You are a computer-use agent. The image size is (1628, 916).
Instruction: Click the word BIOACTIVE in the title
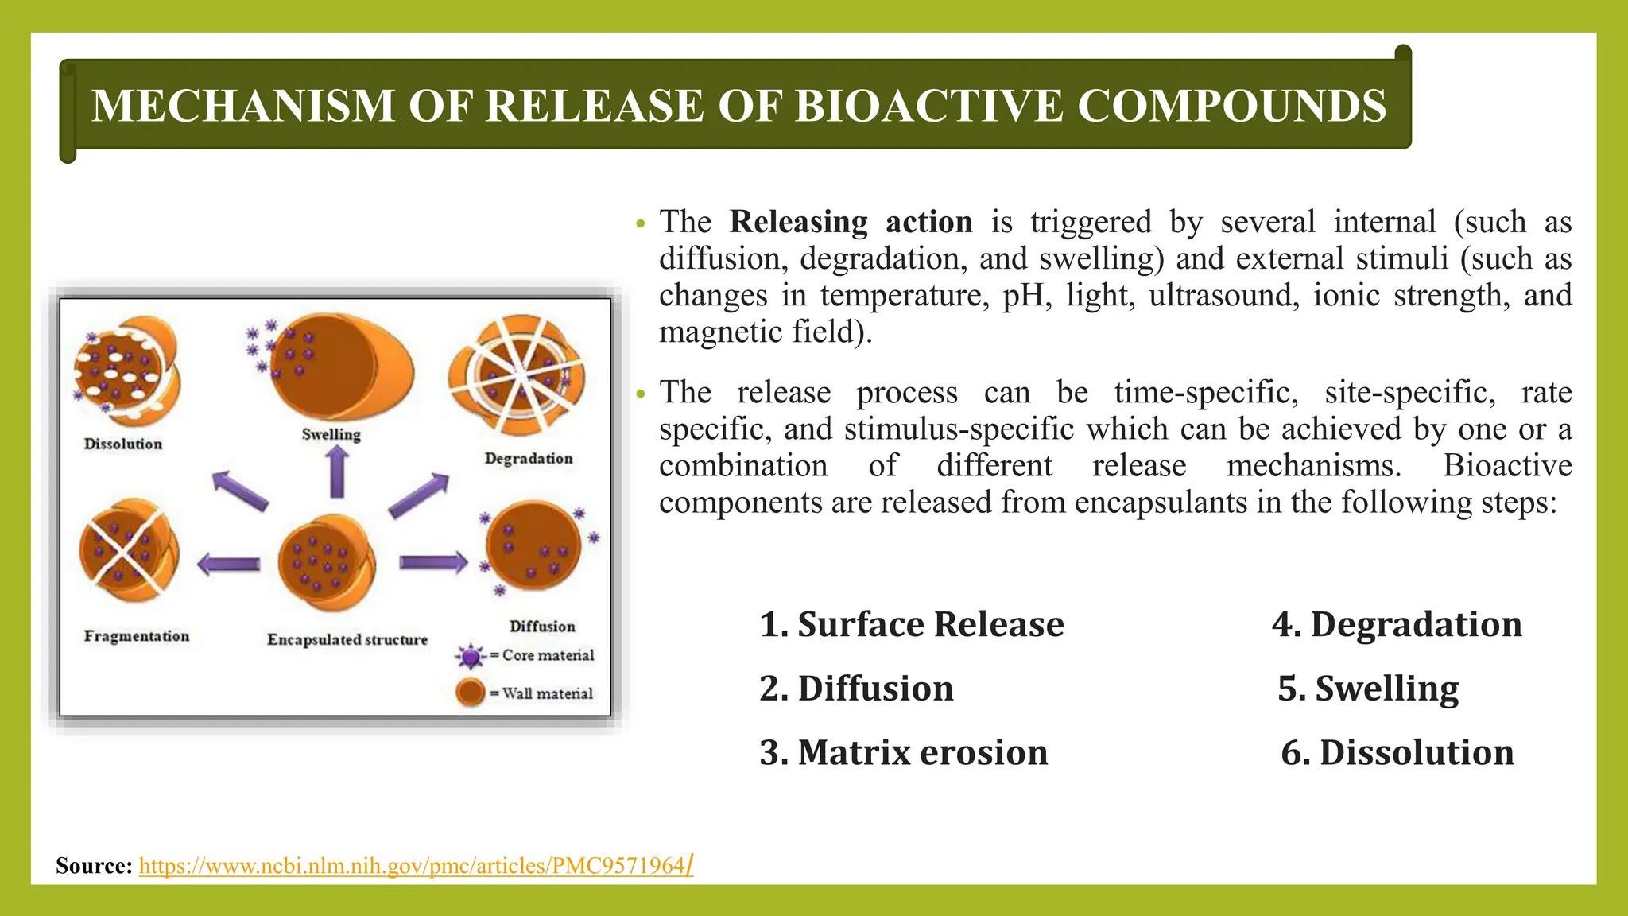928,106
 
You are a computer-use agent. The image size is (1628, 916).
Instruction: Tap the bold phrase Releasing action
851,222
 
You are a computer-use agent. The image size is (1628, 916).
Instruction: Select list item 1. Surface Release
911,624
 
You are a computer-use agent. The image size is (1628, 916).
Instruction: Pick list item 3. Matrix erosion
903,752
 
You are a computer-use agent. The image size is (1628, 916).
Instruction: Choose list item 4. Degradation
1397,624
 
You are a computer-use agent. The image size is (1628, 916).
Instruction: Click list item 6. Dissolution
1397,752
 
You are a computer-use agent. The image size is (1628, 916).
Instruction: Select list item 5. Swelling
1368,689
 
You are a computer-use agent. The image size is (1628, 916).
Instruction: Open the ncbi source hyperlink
413,866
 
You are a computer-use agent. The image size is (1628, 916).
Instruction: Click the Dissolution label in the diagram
123,444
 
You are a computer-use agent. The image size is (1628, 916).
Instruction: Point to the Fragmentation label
137,636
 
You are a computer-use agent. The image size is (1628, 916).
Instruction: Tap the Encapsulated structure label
347,639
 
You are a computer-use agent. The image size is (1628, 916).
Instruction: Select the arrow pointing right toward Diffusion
432,563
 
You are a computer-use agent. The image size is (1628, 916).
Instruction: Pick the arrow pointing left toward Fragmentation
229,565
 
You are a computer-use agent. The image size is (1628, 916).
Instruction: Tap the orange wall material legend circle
471,693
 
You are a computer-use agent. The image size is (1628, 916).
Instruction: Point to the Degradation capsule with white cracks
518,375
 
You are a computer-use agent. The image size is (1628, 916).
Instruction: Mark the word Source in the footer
94,866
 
